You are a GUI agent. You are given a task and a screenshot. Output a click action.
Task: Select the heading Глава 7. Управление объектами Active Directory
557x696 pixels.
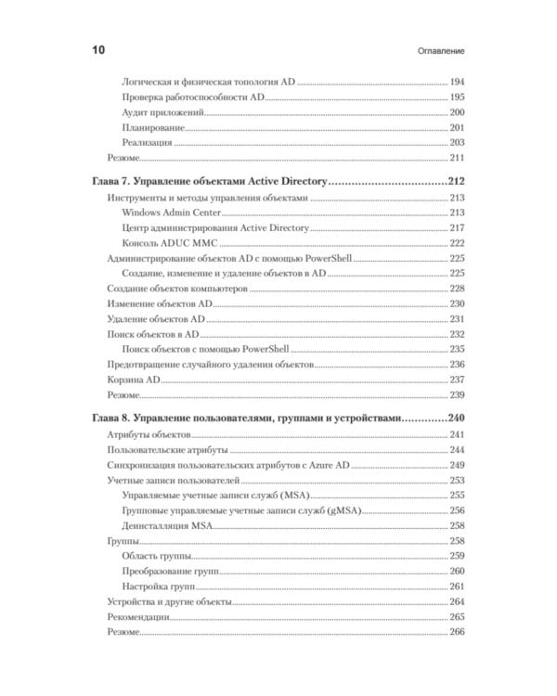coord(210,182)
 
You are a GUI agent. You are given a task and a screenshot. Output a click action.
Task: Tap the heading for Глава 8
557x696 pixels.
coord(250,418)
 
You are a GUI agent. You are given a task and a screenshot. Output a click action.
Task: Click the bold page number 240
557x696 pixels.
coord(455,418)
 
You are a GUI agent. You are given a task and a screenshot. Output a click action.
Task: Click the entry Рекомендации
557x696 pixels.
coord(138,616)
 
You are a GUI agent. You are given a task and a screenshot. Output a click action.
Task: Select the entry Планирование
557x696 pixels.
coord(153,127)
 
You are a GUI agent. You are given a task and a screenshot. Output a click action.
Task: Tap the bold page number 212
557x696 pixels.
coord(455,182)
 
